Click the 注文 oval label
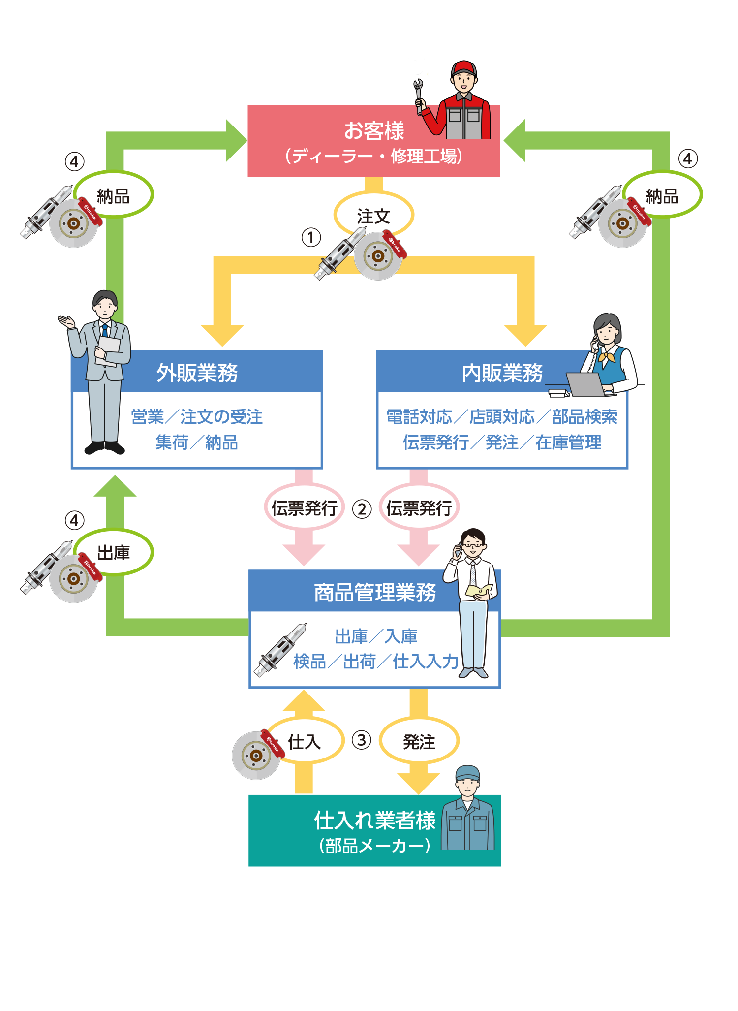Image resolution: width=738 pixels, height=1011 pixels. tap(374, 216)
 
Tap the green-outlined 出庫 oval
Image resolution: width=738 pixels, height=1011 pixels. tap(114, 552)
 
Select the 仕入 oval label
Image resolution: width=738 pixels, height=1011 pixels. tap(305, 741)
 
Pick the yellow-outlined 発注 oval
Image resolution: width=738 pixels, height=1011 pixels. tap(419, 741)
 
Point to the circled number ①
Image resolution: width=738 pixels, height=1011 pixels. tap(311, 237)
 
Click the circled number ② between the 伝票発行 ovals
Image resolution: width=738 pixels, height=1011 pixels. tap(362, 509)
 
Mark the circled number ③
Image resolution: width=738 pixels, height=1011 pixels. tap(362, 740)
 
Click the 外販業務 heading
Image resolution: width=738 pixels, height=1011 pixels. tap(197, 373)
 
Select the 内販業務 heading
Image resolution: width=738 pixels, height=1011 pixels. tap(502, 373)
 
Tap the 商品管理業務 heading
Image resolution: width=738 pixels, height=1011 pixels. tap(375, 592)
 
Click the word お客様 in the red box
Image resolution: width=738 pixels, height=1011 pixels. tap(374, 131)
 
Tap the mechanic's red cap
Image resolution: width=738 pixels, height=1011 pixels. tap(463, 67)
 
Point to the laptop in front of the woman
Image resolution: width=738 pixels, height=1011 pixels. tap(585, 384)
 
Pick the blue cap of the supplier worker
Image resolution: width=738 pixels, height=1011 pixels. tap(467, 772)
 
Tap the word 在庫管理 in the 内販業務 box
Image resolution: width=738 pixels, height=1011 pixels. tap(568, 442)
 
